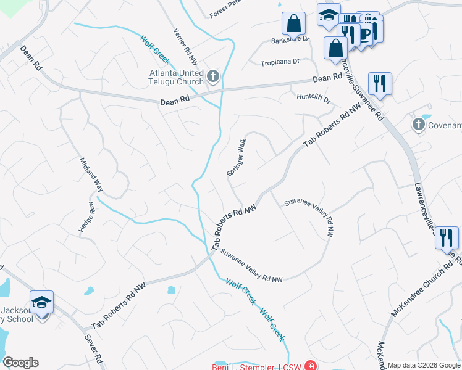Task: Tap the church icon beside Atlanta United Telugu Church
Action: point(213,77)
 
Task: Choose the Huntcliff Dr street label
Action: point(314,97)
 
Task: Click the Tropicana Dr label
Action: point(279,62)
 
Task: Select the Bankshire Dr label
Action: point(290,41)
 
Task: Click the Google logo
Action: point(20,363)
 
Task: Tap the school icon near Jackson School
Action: point(42,303)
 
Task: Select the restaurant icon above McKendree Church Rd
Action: point(446,237)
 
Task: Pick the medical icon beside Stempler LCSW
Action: point(308,367)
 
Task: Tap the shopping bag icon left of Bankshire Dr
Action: point(294,24)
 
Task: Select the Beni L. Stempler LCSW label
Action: point(256,367)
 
